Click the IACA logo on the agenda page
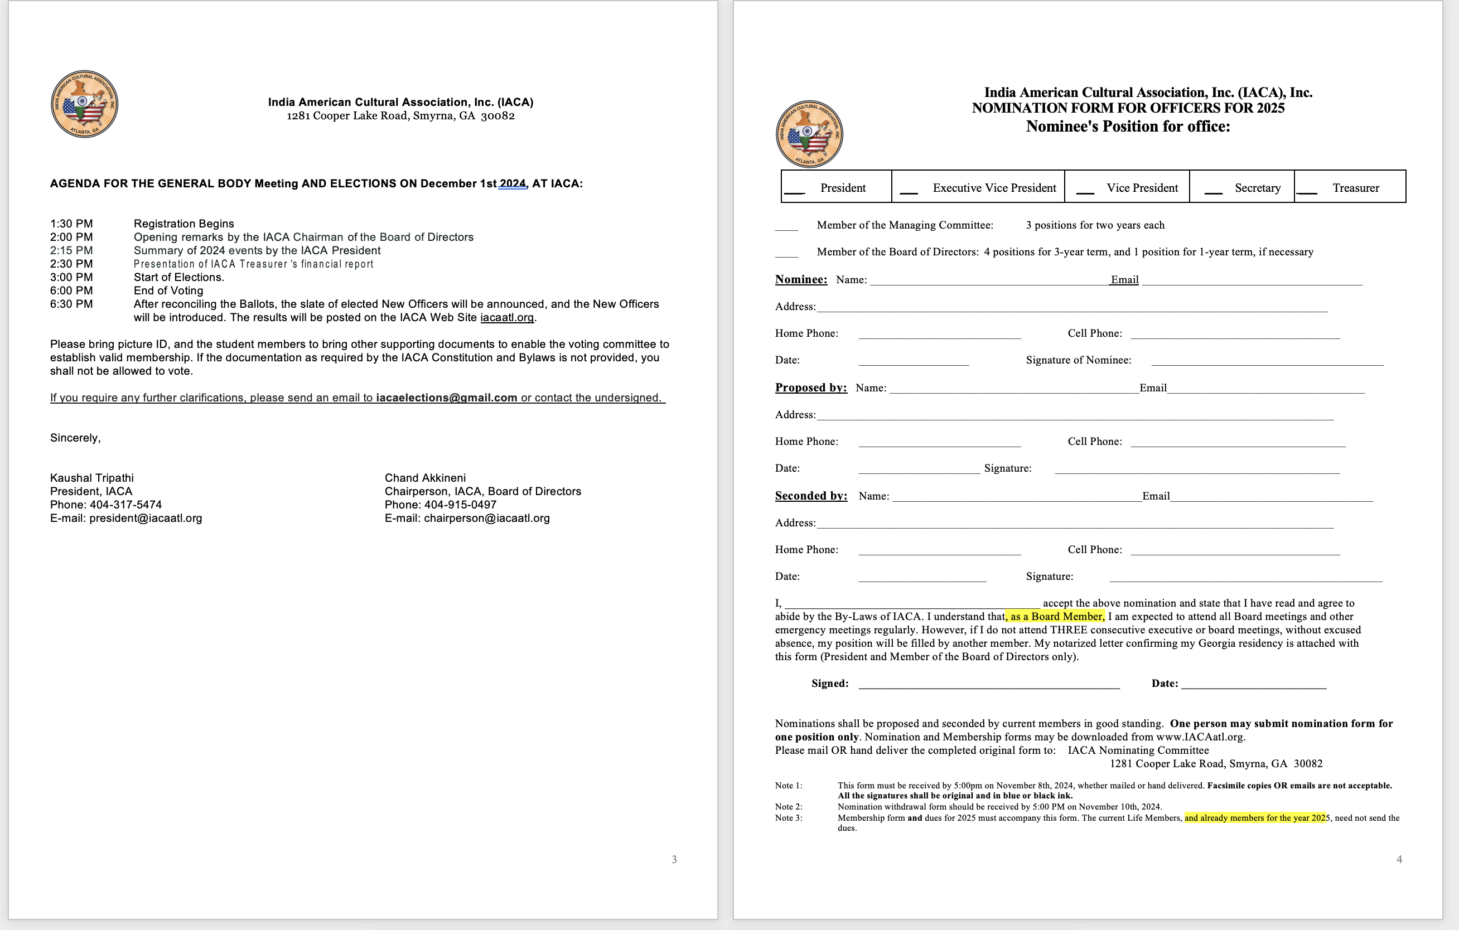point(84,104)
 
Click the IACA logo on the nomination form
point(809,134)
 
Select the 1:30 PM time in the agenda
point(71,224)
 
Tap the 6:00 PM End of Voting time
point(71,291)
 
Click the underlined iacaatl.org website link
point(506,317)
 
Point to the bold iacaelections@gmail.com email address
point(447,398)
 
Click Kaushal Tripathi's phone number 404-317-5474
point(126,505)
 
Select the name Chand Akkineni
point(425,478)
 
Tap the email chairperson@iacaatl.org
point(486,518)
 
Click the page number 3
point(674,859)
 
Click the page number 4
point(1399,859)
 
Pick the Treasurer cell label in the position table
point(1355,188)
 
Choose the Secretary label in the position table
point(1257,188)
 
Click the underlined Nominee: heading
point(801,279)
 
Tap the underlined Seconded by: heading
point(811,496)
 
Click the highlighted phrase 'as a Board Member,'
point(1057,616)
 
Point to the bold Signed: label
point(829,684)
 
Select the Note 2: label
point(788,806)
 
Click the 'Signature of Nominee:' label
point(1078,360)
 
